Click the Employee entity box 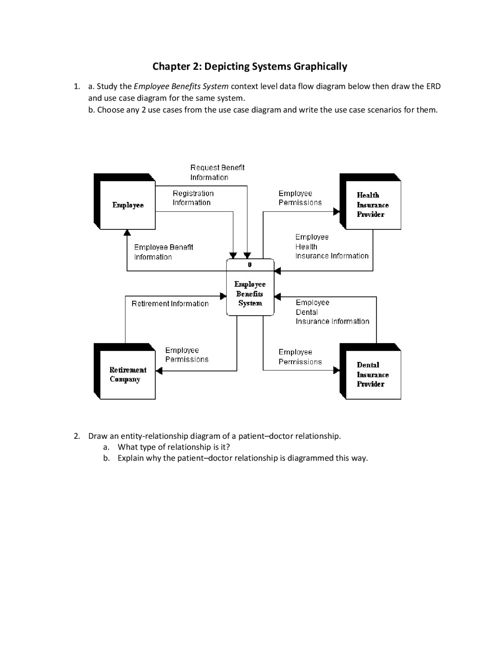[x=127, y=205]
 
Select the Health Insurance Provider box [x=373, y=205]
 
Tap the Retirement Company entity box [x=127, y=374]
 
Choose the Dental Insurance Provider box [x=373, y=374]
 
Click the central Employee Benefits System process [x=250, y=293]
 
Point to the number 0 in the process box [x=250, y=265]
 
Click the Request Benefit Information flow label [x=217, y=172]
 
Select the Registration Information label [x=193, y=198]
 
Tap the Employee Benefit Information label [x=163, y=252]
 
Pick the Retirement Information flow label [x=170, y=304]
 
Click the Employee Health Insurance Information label [x=331, y=247]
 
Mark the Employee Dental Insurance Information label [x=332, y=312]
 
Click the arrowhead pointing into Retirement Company [x=159, y=370]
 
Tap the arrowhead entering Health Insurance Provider [x=336, y=211]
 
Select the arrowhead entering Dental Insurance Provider [x=336, y=370]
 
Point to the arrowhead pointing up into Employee [x=127, y=233]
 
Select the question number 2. [x=77, y=436]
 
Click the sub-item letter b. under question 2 [x=107, y=458]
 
